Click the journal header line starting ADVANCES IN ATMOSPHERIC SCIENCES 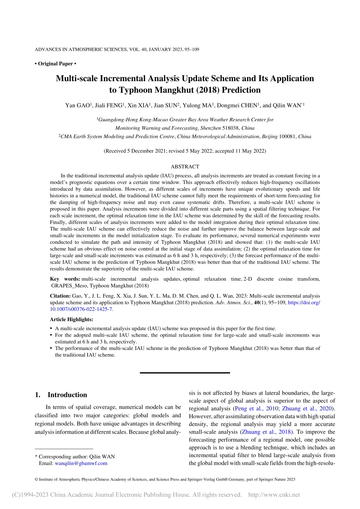click(x=117, y=50)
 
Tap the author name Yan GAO click(x=78, y=105)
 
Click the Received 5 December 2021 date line click(x=185, y=151)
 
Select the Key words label click(x=63, y=279)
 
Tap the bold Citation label click(x=60, y=296)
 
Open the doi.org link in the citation click(x=304, y=303)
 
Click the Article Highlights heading click(x=71, y=319)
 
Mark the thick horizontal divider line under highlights click(x=185, y=373)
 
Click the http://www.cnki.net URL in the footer click(x=274, y=495)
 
